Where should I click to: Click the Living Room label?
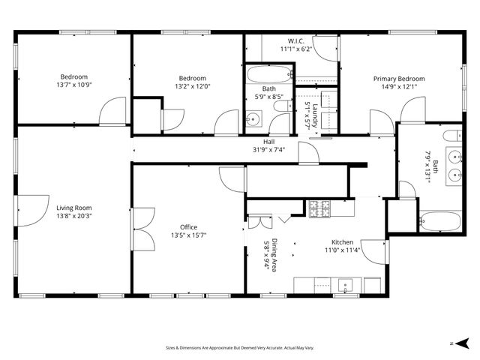click(x=73, y=208)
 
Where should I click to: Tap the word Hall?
click(x=268, y=141)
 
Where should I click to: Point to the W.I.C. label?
click(x=295, y=40)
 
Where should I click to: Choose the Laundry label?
click(x=315, y=115)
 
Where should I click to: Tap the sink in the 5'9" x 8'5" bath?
click(x=253, y=119)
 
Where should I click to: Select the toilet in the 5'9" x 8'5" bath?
click(x=280, y=108)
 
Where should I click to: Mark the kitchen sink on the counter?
click(x=346, y=284)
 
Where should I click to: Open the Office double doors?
click(x=144, y=230)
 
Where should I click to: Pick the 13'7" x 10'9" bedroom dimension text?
click(x=74, y=85)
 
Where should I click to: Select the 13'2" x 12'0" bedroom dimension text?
click(x=192, y=86)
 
